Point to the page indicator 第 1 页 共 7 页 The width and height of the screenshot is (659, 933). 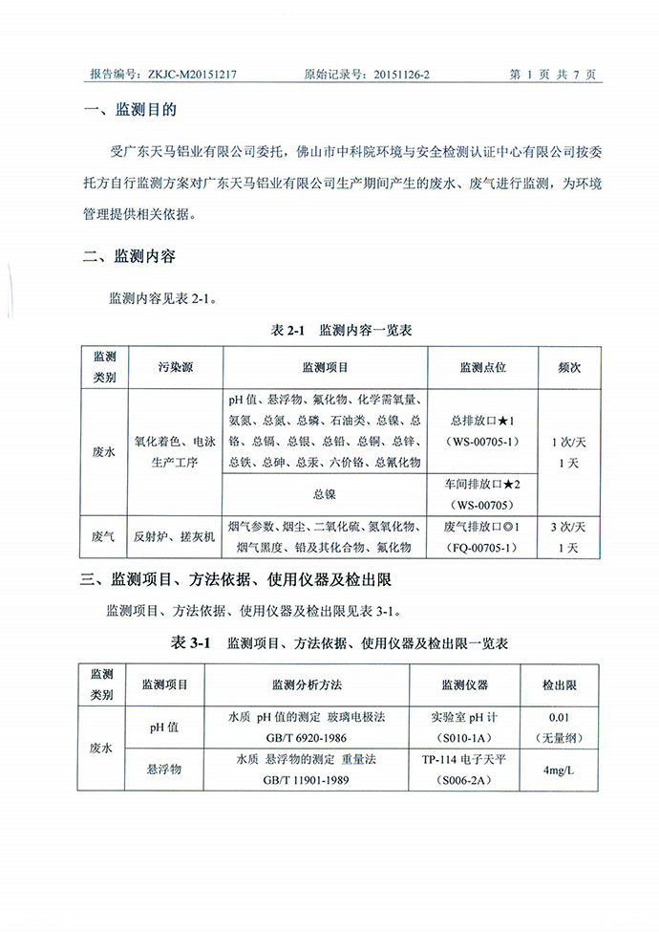(x=553, y=74)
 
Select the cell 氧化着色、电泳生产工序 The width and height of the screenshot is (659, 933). (x=177, y=452)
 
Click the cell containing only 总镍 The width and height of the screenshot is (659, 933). (x=325, y=494)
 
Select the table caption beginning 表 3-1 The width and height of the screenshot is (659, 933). (x=339, y=642)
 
